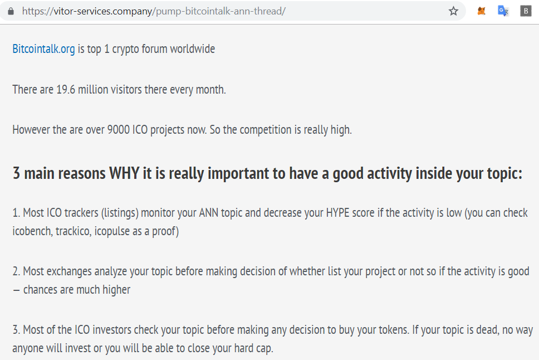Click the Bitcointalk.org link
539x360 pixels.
click(x=43, y=49)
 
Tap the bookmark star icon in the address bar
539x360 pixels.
click(x=453, y=11)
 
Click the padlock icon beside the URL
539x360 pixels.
click(x=11, y=11)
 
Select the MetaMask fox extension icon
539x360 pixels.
click(x=481, y=11)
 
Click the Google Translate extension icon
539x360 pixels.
click(x=503, y=11)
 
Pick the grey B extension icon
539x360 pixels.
click(x=526, y=11)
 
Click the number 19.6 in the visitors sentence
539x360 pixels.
click(x=66, y=90)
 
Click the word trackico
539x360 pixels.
click(x=73, y=231)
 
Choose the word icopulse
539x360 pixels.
click(x=112, y=231)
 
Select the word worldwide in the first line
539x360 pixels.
click(x=193, y=49)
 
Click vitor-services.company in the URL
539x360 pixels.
click(x=103, y=11)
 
